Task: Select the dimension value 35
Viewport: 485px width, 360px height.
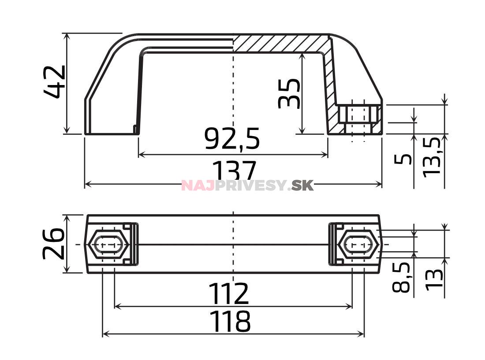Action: tap(290, 93)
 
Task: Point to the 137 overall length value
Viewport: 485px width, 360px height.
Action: tap(234, 170)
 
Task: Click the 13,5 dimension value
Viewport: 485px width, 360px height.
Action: tap(432, 157)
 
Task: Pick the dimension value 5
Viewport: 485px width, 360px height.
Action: tap(403, 159)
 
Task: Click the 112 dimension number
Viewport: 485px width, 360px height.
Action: tap(229, 294)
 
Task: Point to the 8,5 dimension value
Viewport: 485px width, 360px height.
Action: tap(402, 277)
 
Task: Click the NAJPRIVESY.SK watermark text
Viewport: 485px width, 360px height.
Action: tap(247, 186)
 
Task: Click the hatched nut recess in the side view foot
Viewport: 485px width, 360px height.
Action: tap(358, 119)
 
